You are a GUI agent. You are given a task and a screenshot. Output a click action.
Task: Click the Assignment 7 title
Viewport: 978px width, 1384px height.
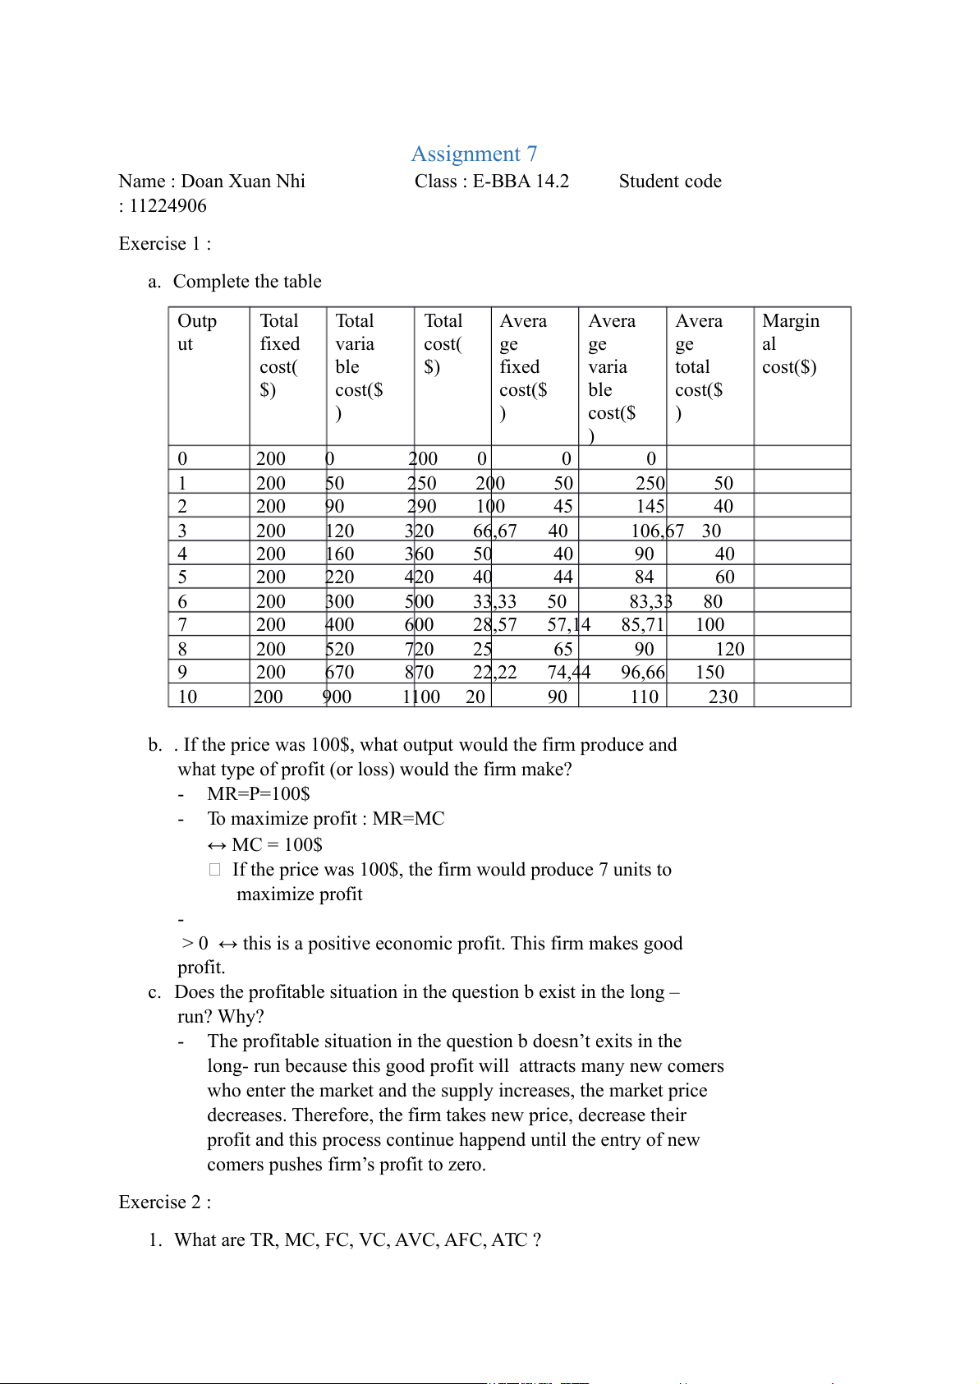(x=474, y=154)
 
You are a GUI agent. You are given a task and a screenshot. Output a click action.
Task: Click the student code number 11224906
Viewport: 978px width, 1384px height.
(x=168, y=206)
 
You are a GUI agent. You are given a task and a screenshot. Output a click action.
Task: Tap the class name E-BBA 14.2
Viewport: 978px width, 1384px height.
(x=521, y=182)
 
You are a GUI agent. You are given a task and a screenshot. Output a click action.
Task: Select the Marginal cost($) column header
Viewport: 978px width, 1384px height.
(x=790, y=344)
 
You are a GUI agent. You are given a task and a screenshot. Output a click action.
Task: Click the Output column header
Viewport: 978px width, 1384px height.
(x=197, y=333)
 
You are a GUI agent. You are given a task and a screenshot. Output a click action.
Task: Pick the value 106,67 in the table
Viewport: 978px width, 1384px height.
(x=657, y=531)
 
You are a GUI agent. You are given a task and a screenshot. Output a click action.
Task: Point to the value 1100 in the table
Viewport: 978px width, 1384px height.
(x=421, y=697)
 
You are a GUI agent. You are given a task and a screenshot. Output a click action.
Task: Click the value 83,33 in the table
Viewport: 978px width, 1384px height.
(x=650, y=602)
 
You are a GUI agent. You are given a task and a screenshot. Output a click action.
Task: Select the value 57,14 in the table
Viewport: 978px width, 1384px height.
(x=568, y=625)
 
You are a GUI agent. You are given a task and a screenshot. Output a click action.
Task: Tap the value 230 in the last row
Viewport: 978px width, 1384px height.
(x=723, y=697)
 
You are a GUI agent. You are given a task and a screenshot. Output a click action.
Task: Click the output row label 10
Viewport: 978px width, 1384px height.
(x=187, y=697)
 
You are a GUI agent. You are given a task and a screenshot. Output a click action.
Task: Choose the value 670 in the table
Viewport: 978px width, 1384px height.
(x=340, y=673)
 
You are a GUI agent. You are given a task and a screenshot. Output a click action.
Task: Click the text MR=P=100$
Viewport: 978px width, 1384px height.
(x=259, y=794)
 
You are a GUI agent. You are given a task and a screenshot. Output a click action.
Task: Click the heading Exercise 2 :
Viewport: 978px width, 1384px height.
(x=164, y=1202)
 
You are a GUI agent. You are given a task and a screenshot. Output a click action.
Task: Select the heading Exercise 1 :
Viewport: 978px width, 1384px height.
(x=164, y=244)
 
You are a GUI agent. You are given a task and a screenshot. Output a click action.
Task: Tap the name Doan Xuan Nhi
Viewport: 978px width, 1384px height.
(x=243, y=182)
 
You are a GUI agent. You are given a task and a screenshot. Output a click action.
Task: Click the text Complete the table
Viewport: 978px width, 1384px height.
(x=247, y=282)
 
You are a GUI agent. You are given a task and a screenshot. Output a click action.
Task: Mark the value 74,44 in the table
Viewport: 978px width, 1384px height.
(x=568, y=673)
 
